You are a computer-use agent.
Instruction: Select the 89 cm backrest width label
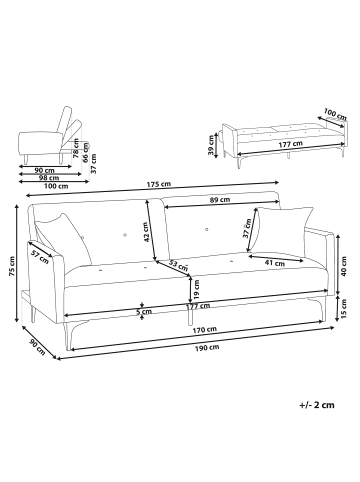[221, 200]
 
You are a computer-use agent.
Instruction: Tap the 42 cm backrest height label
[146, 232]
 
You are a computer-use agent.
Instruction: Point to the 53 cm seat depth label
[178, 266]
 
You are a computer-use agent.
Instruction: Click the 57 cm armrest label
[40, 256]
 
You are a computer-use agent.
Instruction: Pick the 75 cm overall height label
[12, 267]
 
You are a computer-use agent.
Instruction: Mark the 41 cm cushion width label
[275, 263]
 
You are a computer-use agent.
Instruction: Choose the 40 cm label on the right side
[344, 266]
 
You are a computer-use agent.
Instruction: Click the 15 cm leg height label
[344, 307]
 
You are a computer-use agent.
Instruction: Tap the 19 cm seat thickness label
[197, 289]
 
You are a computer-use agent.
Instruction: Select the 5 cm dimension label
[144, 312]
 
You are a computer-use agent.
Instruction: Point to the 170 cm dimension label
[205, 330]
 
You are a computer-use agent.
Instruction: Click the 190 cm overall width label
[207, 348]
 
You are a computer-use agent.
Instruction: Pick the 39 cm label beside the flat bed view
[211, 145]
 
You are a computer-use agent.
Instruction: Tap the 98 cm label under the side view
[47, 178]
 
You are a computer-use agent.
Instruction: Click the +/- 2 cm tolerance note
[317, 405]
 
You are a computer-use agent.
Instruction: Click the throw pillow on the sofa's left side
[63, 238]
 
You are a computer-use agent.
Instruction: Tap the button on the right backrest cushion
[207, 229]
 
